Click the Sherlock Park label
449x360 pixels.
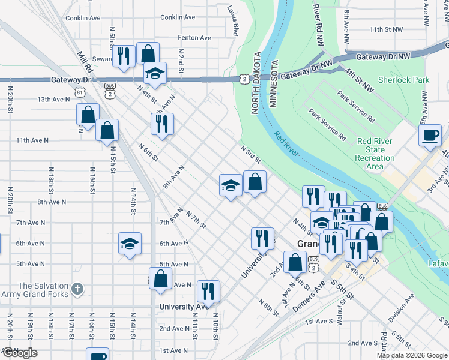(403, 80)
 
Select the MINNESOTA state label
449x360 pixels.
(273, 84)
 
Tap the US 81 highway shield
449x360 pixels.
(80, 92)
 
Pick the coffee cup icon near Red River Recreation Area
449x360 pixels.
(430, 135)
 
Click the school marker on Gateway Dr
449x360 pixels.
(155, 73)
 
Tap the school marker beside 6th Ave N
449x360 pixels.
(130, 244)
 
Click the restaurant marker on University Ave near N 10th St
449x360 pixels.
(208, 291)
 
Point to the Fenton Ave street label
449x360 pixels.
(194, 38)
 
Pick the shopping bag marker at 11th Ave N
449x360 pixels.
(107, 130)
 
